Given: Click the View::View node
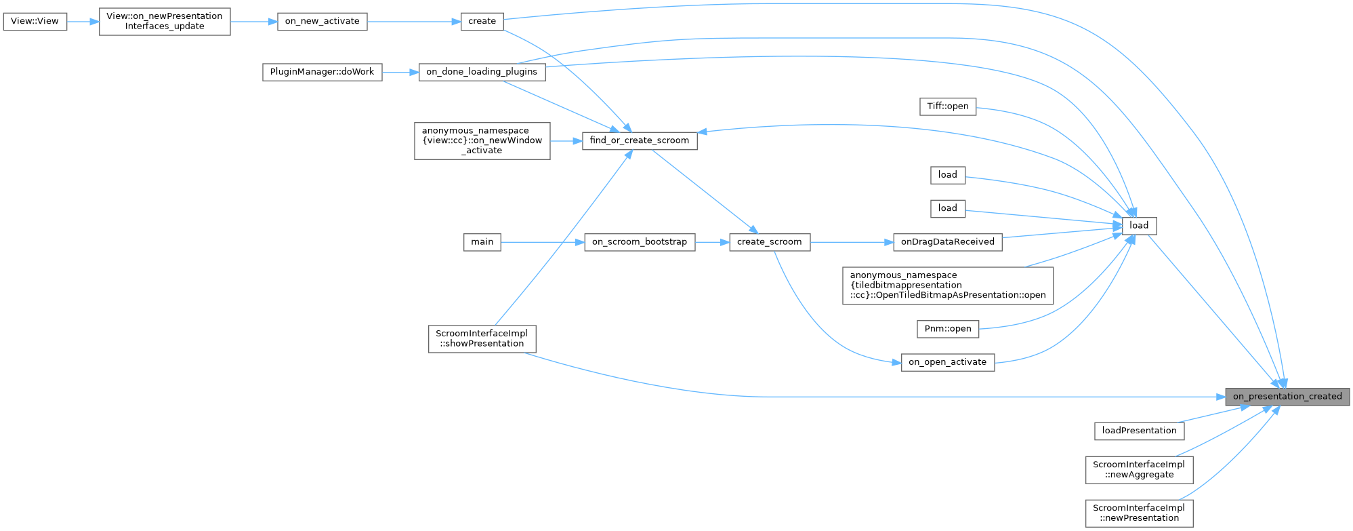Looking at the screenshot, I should point(35,21).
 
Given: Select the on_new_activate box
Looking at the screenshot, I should point(322,21).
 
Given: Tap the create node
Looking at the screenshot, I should point(482,21).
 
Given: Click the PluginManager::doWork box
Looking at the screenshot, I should point(322,72).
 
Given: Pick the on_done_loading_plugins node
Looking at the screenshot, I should point(482,72).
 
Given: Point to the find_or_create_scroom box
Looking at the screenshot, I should point(639,140).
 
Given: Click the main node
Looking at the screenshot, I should point(482,242).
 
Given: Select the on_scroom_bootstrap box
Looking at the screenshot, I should point(639,242).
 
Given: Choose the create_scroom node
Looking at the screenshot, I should point(769,242).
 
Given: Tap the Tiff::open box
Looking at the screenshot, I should point(947,106).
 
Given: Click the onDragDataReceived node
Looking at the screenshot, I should point(947,242).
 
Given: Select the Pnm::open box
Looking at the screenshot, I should point(947,329).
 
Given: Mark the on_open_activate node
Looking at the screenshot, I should point(947,362).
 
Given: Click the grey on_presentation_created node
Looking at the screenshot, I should point(1287,397).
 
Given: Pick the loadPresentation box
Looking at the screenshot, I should point(1139,431).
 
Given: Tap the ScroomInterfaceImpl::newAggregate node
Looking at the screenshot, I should point(1139,469).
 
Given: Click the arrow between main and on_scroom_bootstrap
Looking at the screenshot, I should point(542,242).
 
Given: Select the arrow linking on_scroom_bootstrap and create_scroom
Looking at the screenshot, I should point(712,242).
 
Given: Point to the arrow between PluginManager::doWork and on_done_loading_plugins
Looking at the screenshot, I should point(400,72).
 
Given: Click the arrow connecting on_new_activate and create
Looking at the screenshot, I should point(414,21).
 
